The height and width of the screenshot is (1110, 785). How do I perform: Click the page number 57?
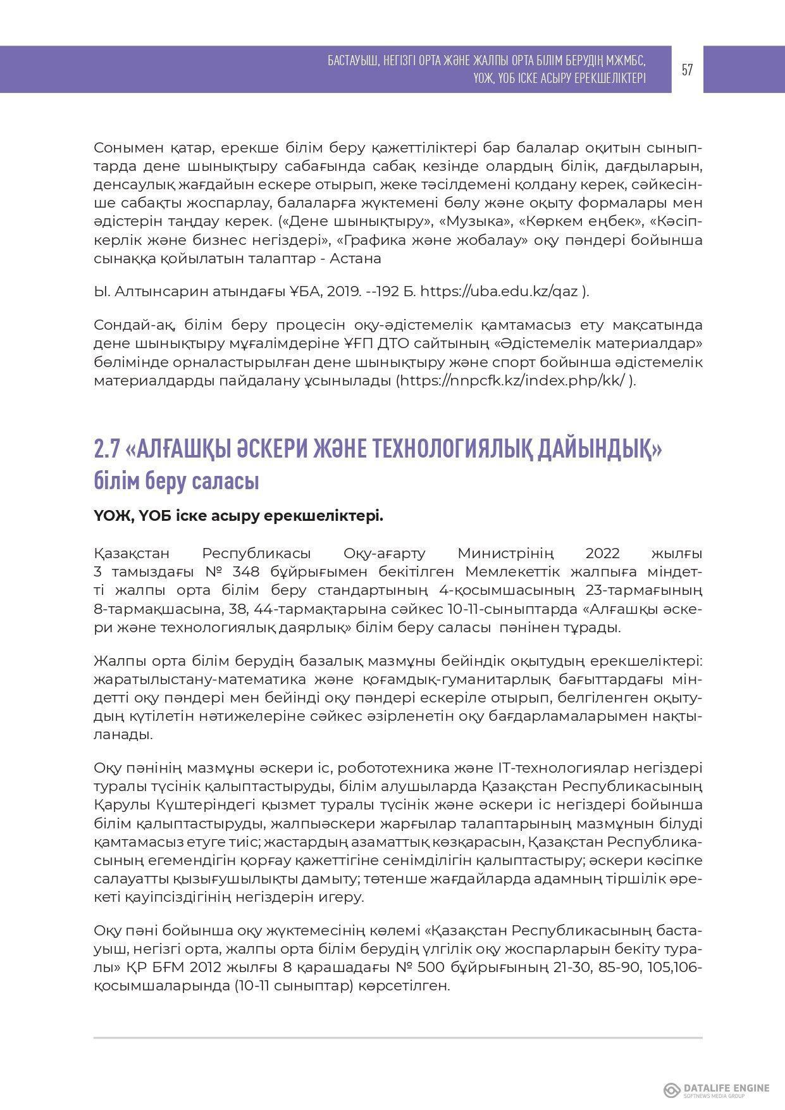[687, 70]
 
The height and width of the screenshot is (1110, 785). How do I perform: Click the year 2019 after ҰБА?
[343, 291]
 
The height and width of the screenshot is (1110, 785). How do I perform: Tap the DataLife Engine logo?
[716, 1089]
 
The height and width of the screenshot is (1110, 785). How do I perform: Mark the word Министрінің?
[506, 553]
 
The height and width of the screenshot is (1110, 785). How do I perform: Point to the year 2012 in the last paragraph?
[206, 968]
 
